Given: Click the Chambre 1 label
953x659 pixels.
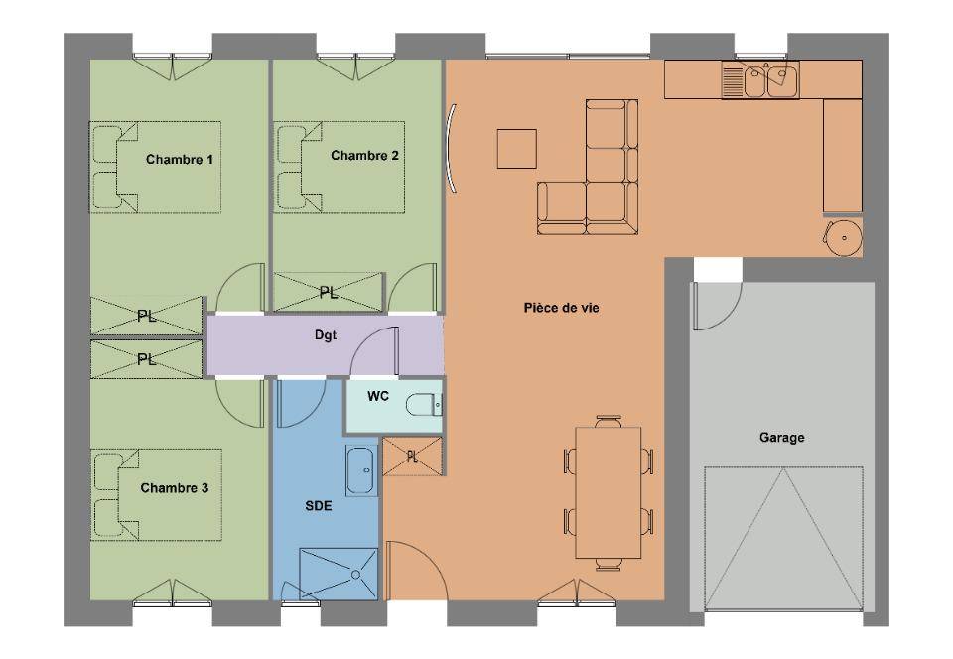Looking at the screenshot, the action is [x=180, y=160].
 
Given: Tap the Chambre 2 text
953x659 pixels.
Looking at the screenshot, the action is [x=364, y=156].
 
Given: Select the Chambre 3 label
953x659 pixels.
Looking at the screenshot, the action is [x=175, y=488].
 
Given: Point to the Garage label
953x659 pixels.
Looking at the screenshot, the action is [x=781, y=438].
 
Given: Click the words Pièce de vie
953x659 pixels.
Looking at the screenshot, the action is [x=562, y=308].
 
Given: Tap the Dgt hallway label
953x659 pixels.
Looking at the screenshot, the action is [x=326, y=335].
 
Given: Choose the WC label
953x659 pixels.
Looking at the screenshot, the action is [x=378, y=397].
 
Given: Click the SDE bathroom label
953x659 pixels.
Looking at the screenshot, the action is [x=319, y=506].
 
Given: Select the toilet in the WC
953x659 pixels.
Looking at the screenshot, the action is [x=424, y=405].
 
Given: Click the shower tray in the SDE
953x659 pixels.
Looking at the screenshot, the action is [x=339, y=574].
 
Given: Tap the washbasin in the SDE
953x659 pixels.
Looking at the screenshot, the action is [x=361, y=470].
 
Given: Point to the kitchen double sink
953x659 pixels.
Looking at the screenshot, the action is [x=760, y=79].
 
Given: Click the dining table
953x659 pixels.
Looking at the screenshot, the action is [x=609, y=492].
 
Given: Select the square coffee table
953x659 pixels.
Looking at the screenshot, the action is [x=516, y=149].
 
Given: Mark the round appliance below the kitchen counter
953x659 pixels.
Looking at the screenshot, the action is [x=844, y=237].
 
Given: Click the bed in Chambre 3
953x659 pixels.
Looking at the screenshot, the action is [x=156, y=494].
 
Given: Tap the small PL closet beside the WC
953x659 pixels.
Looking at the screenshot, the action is [x=412, y=457].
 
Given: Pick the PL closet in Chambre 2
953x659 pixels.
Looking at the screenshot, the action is [x=329, y=293].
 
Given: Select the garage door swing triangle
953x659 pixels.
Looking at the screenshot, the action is [x=784, y=539].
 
